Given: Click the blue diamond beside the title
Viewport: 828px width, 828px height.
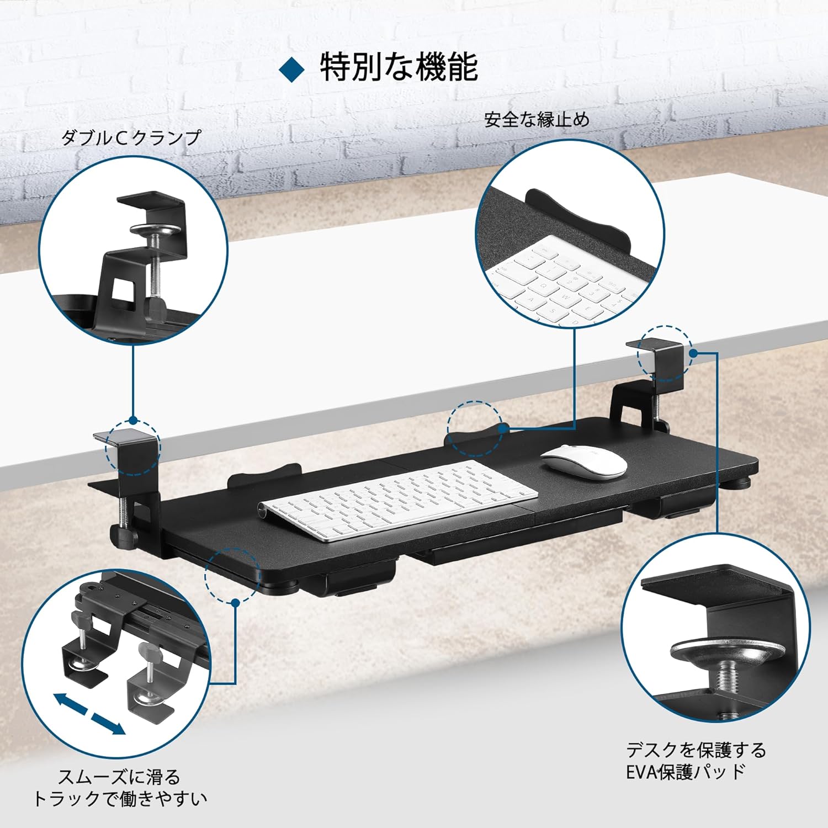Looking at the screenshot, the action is [x=292, y=68].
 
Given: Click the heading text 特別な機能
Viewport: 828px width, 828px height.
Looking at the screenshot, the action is [x=399, y=67].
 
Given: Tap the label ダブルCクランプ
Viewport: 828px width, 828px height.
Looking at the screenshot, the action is [x=131, y=137].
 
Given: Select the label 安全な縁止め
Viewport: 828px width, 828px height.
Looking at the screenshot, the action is [x=537, y=119].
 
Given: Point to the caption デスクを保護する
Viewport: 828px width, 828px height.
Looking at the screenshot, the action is [x=696, y=750].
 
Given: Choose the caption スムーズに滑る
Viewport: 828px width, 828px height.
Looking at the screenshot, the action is [x=119, y=777].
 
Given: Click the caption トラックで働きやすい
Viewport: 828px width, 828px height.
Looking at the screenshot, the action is [x=120, y=798].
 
